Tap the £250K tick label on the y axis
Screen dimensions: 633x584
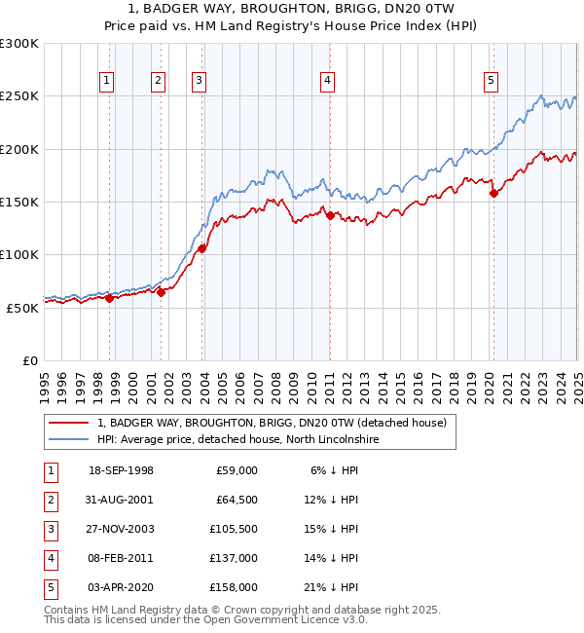pyautogui.click(x=19, y=96)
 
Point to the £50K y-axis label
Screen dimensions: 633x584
pyautogui.click(x=23, y=308)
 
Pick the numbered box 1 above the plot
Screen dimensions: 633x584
pyautogui.click(x=106, y=81)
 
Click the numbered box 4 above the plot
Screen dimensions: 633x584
pyautogui.click(x=328, y=81)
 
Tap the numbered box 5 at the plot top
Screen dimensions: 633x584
pyautogui.click(x=491, y=81)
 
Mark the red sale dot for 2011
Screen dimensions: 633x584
pyautogui.click(x=330, y=215)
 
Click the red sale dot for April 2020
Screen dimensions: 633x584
pyautogui.click(x=493, y=193)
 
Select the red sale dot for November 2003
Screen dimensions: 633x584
pyautogui.click(x=202, y=248)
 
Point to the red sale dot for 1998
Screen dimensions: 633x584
pyautogui.click(x=110, y=298)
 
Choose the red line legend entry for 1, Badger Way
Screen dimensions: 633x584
pyautogui.click(x=271, y=423)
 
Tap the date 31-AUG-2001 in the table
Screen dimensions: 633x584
pyautogui.click(x=121, y=499)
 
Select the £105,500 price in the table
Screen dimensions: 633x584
pyautogui.click(x=234, y=528)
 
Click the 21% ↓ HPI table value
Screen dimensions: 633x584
pyautogui.click(x=331, y=586)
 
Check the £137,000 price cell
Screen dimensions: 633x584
pyautogui.click(x=234, y=557)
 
